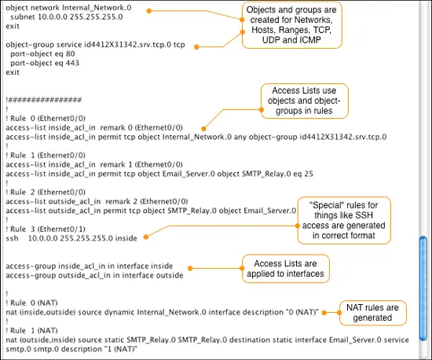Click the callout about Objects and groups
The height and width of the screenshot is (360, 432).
click(x=291, y=25)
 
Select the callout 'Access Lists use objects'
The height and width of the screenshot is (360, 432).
click(x=305, y=101)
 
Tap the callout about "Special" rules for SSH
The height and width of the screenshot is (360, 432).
click(x=344, y=220)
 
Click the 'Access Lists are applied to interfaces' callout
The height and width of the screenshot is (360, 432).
click(x=285, y=269)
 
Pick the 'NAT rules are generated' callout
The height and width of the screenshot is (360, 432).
click(x=372, y=313)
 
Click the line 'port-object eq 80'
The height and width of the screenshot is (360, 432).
click(x=42, y=53)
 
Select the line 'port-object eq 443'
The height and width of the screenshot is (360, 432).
click(x=45, y=63)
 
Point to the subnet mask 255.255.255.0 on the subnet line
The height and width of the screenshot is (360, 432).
click(x=96, y=17)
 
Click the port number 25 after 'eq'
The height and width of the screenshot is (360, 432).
click(x=309, y=174)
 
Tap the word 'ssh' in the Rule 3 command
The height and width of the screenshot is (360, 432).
click(x=12, y=238)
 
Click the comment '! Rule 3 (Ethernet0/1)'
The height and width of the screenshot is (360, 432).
click(x=46, y=229)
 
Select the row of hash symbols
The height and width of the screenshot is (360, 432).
click(x=45, y=100)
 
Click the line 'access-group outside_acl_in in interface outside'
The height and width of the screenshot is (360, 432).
click(x=94, y=275)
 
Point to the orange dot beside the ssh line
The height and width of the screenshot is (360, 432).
click(x=146, y=237)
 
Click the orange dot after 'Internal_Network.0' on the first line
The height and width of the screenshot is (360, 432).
click(x=149, y=11)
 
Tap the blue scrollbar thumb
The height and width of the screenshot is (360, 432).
click(x=423, y=288)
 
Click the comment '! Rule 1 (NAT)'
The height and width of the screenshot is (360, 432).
click(x=31, y=330)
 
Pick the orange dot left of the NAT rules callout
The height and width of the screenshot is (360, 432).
click(x=324, y=313)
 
